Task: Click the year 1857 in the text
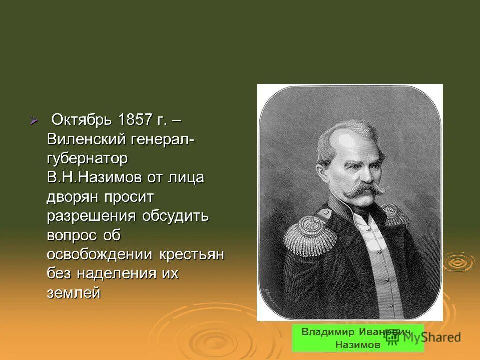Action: point(135,120)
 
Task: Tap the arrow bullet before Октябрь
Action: point(34,121)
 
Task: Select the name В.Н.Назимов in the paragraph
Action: point(94,177)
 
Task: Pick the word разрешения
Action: point(92,216)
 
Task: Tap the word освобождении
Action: point(100,254)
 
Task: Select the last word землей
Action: point(73,293)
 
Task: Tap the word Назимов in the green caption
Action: point(358,345)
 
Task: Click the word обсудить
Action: point(175,216)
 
